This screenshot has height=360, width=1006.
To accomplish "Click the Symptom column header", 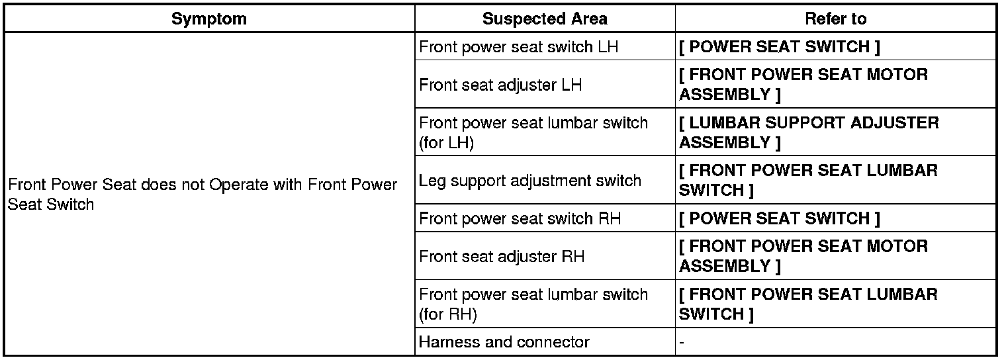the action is (208, 19).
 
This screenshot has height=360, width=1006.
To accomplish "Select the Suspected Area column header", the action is (545, 19).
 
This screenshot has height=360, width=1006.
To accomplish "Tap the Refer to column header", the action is (835, 19).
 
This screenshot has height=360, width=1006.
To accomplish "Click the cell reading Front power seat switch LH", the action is (519, 47).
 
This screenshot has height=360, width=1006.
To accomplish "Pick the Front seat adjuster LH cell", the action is (500, 85).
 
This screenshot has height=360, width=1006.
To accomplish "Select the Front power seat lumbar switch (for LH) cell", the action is (533, 132).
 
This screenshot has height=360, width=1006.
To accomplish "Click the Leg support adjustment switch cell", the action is (530, 180).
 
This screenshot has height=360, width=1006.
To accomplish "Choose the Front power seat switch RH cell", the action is (520, 218).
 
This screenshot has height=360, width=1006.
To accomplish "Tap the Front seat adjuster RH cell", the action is (502, 256).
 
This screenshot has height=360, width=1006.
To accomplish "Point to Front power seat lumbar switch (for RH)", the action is (533, 304).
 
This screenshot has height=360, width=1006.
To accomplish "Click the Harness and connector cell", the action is (504, 342).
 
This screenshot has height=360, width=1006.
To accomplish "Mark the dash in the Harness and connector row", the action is (682, 342).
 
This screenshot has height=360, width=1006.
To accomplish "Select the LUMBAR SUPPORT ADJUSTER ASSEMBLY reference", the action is (808, 132).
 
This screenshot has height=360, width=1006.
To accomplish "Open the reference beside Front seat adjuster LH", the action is (803, 85).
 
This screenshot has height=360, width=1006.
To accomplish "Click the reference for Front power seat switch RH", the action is (779, 218).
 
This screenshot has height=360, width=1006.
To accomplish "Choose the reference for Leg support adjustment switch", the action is (807, 180).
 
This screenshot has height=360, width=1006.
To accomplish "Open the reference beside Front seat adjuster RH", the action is (803, 256).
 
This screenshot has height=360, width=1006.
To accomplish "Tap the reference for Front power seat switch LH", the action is (779, 47).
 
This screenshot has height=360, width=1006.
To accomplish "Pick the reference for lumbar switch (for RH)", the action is (807, 304).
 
